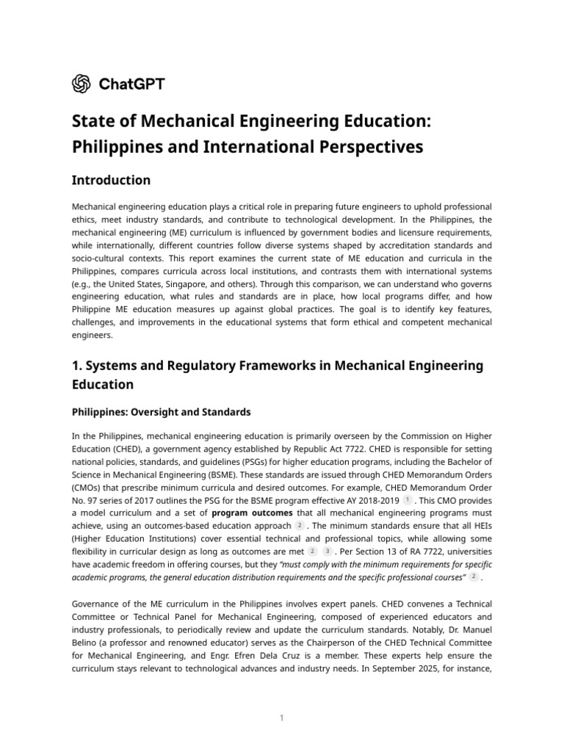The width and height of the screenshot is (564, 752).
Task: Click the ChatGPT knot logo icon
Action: [81, 84]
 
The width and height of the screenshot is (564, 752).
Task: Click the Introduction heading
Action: [111, 181]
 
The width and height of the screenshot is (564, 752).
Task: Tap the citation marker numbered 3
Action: [328, 552]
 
